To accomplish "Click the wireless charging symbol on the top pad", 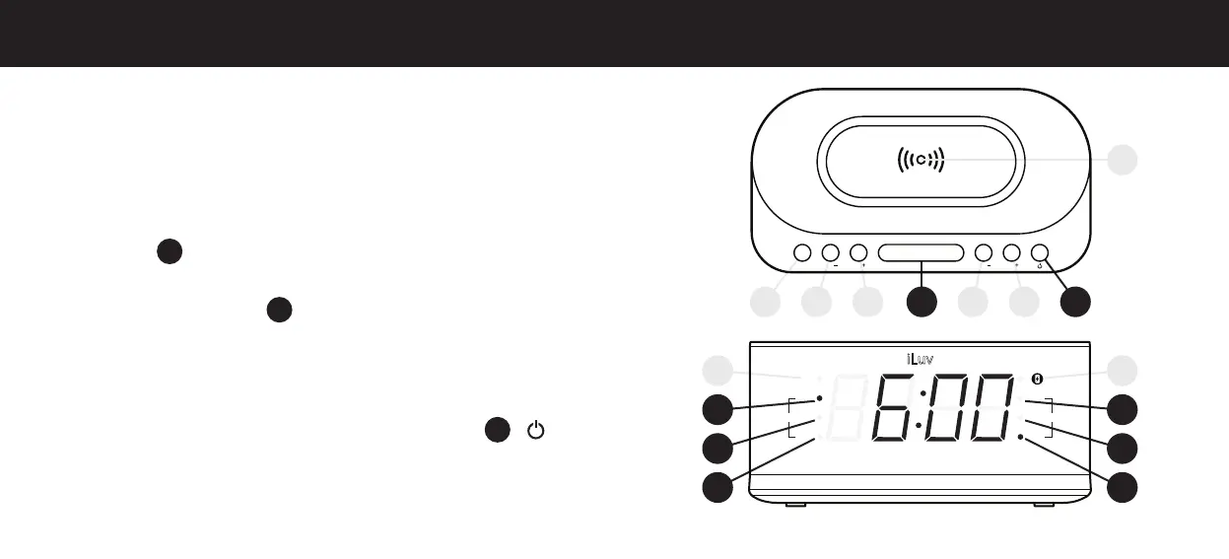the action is [920, 159].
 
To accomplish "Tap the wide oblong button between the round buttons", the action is [922, 253].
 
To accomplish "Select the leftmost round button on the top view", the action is [801, 253].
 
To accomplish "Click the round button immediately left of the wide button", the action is [858, 253].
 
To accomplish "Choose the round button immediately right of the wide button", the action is [984, 253].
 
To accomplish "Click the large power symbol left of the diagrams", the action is [535, 430].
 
